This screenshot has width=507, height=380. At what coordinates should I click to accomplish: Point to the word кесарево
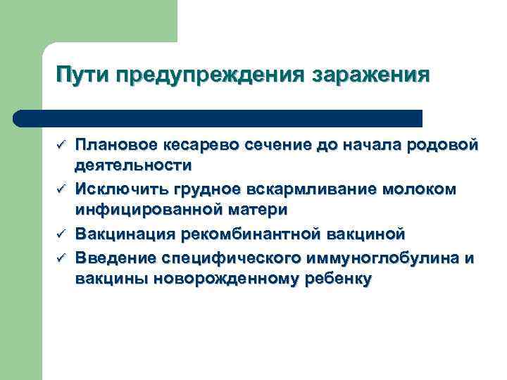181,145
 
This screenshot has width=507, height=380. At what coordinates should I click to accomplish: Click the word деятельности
133,166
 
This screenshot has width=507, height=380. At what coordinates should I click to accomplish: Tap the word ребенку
336,278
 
